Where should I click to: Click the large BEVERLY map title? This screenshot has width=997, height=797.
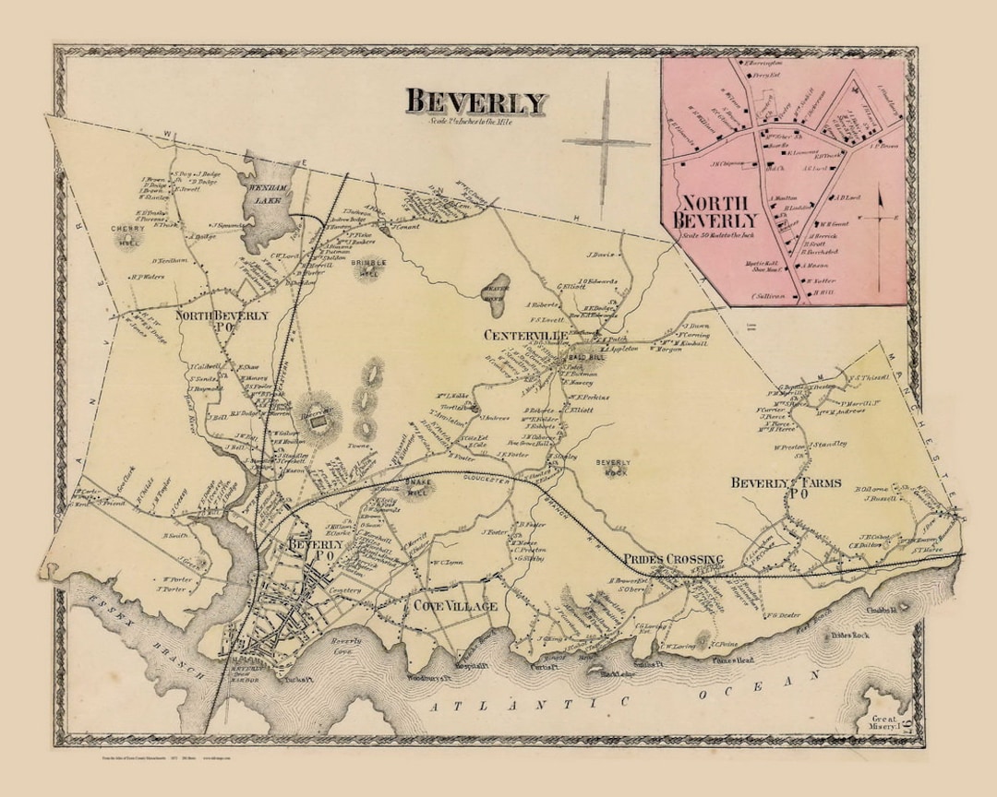[476, 101]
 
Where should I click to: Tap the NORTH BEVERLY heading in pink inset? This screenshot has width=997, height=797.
[718, 211]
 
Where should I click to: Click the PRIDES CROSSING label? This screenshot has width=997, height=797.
[672, 560]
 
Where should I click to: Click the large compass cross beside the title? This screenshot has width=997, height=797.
[607, 140]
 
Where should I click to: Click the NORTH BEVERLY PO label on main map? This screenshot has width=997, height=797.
[222, 321]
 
